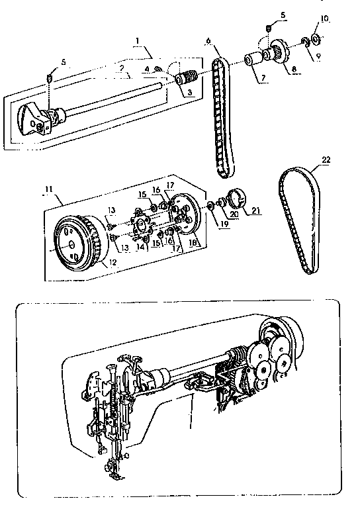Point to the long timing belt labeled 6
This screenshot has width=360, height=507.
point(221,119)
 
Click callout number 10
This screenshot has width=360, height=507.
point(324,17)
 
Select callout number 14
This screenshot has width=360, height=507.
point(141,247)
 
